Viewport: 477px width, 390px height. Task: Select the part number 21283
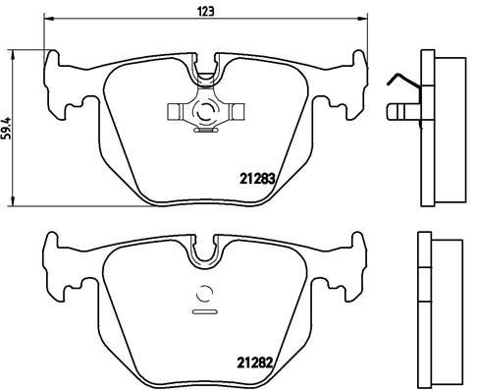(x=259, y=179)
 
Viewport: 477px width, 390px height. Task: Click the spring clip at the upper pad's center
(x=206, y=112)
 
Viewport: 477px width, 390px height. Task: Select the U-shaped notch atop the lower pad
(x=206, y=252)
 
